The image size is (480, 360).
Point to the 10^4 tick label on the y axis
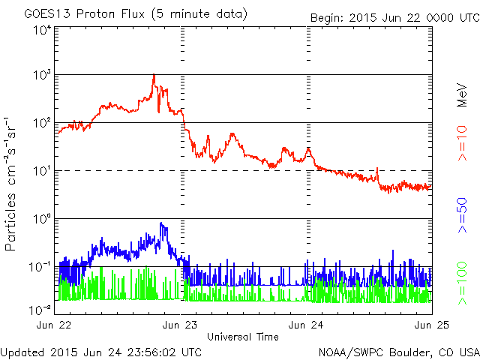(x=42, y=29)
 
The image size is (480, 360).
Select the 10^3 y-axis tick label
(x=42, y=75)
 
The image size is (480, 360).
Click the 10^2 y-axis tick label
(x=42, y=123)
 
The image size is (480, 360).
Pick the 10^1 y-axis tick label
(x=42, y=171)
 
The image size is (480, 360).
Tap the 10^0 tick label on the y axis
(x=42, y=219)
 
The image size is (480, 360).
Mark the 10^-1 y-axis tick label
(x=40, y=267)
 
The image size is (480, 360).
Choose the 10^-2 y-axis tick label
(x=40, y=309)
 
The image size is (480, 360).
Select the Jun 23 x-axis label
(x=182, y=325)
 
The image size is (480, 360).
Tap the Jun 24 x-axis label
(x=306, y=325)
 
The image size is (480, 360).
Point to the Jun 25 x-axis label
(x=430, y=325)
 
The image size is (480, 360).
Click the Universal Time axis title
(x=243, y=337)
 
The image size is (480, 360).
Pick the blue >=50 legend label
(x=463, y=216)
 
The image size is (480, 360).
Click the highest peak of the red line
(x=154, y=75)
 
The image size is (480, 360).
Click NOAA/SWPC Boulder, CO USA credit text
(x=398, y=352)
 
